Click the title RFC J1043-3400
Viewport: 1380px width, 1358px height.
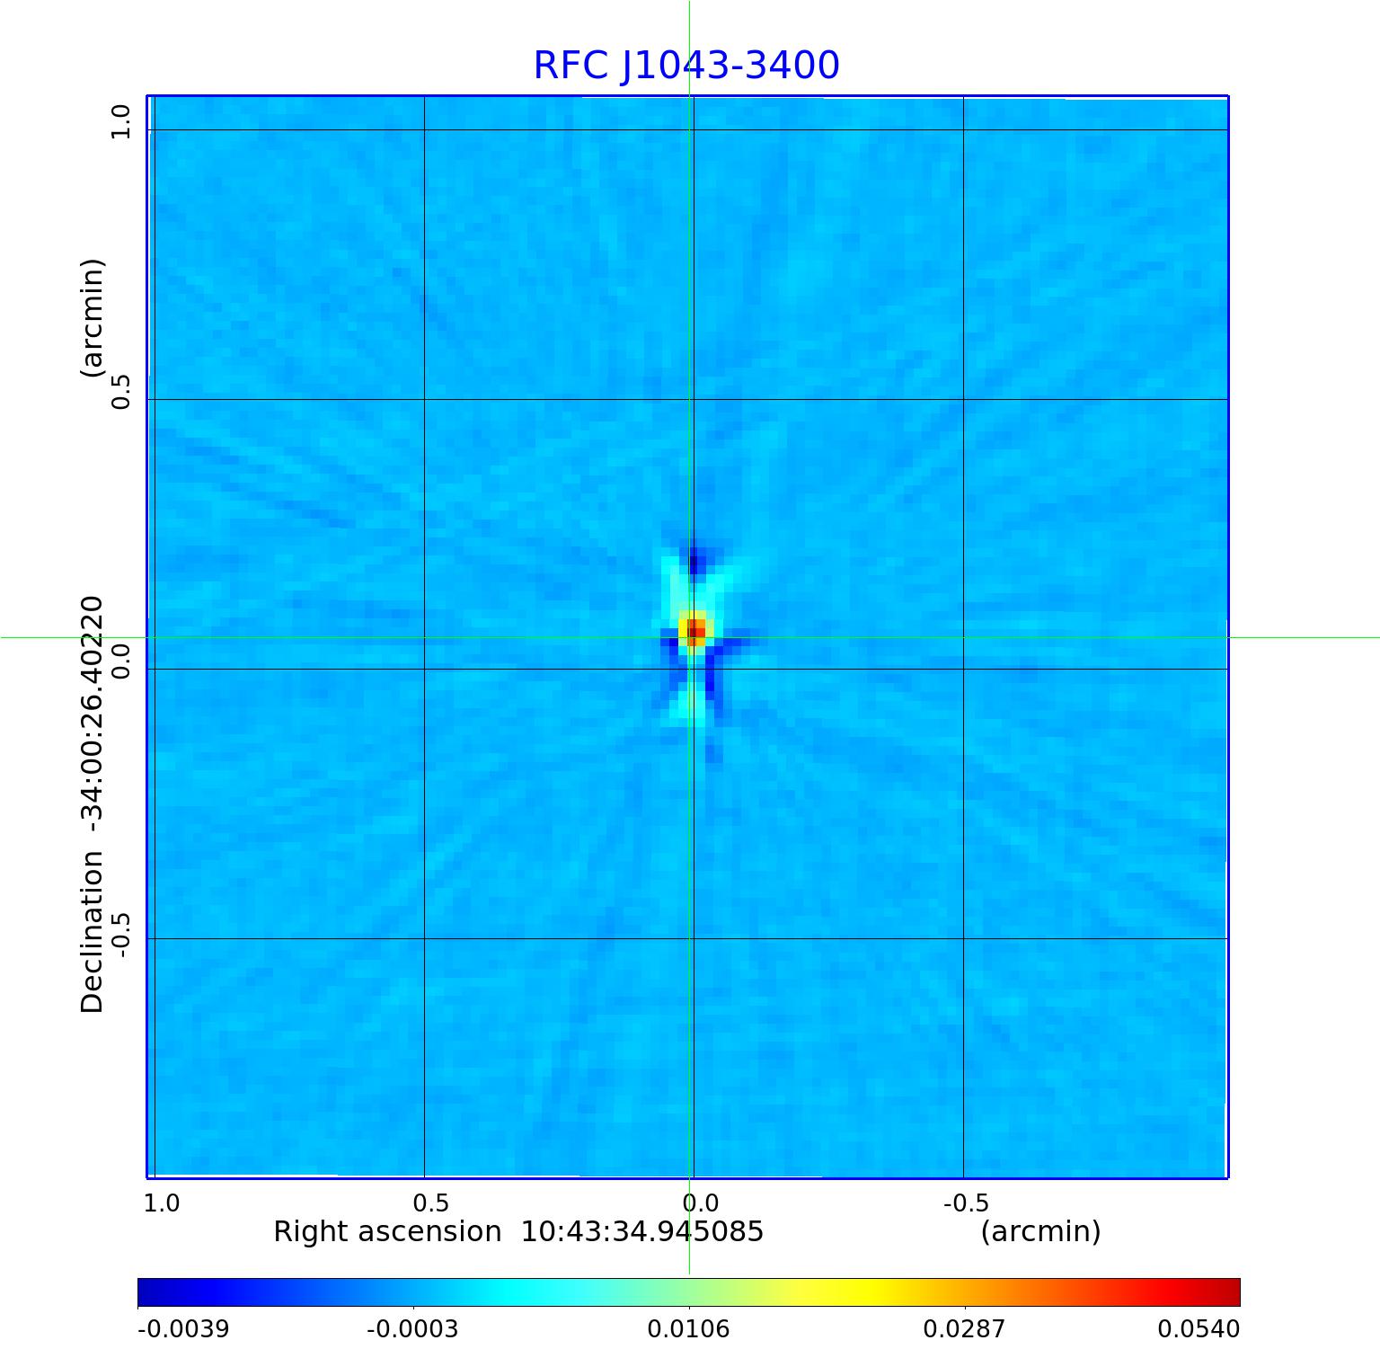(x=686, y=66)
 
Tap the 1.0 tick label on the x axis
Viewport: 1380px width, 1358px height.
(x=162, y=1203)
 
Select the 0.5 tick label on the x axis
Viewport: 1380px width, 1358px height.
(x=430, y=1203)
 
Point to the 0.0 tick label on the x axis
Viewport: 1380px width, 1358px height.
(x=700, y=1203)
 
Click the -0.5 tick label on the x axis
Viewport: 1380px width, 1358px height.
(x=966, y=1203)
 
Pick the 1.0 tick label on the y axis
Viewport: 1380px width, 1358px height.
(x=120, y=121)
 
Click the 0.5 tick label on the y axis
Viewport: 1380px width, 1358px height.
(x=120, y=391)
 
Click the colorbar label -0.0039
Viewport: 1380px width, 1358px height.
(x=183, y=1328)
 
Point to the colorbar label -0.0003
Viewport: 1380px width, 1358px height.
(x=412, y=1328)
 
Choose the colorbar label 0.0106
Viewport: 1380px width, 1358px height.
(x=688, y=1328)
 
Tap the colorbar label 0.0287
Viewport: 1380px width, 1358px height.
(x=964, y=1328)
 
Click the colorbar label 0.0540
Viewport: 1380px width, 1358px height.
(x=1198, y=1328)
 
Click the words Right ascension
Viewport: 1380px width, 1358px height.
(x=387, y=1231)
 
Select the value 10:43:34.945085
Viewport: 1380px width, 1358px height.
(x=642, y=1231)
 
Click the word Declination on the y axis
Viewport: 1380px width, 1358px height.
(x=93, y=933)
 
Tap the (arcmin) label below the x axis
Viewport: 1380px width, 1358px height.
(x=1040, y=1231)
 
